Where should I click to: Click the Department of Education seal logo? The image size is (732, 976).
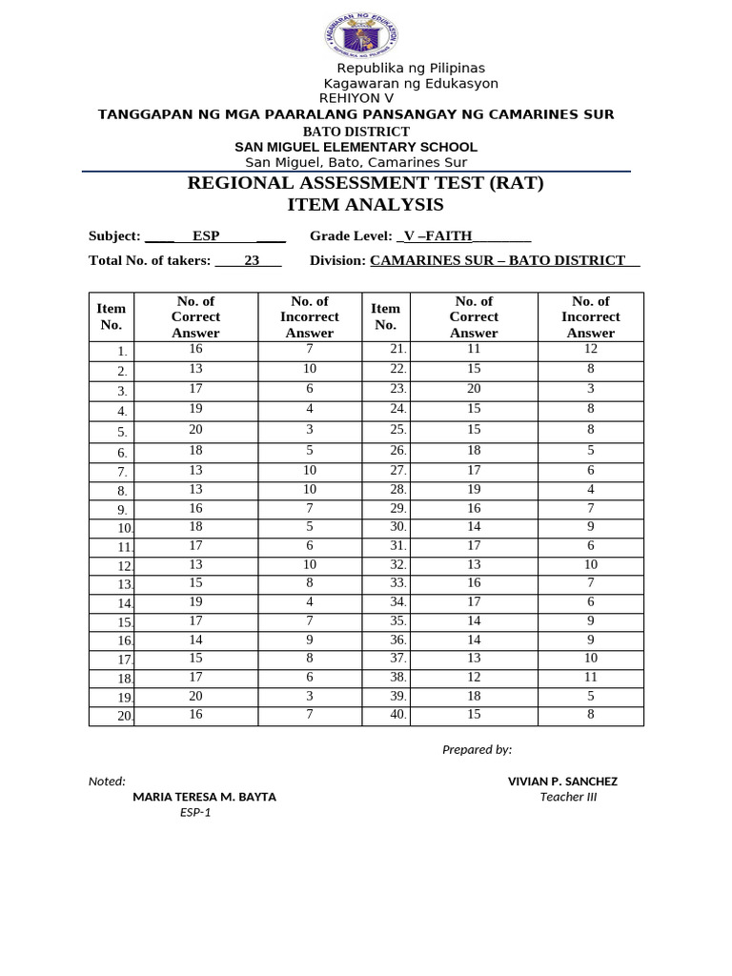(x=361, y=37)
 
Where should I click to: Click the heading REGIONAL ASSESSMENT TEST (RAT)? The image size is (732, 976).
(x=366, y=183)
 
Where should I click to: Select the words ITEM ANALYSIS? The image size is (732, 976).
(x=365, y=205)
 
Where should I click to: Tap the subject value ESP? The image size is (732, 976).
(x=206, y=236)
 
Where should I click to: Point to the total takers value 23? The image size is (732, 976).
(x=252, y=260)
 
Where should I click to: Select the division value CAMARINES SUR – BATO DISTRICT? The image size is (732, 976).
(x=498, y=260)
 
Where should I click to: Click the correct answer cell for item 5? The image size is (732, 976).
(x=195, y=430)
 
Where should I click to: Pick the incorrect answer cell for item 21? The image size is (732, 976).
(x=591, y=350)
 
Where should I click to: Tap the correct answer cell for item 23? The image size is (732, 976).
(x=474, y=389)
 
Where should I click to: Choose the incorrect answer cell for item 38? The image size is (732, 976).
(x=591, y=677)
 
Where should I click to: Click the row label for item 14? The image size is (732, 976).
(x=124, y=603)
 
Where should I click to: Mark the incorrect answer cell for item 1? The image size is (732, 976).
(x=310, y=350)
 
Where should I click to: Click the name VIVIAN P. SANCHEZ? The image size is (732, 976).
(x=562, y=782)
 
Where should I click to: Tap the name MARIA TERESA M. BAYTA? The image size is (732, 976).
(x=205, y=797)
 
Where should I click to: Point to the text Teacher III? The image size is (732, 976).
(x=568, y=797)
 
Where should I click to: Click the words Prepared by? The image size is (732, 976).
(x=477, y=749)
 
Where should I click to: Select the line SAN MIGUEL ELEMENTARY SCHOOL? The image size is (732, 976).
(x=356, y=147)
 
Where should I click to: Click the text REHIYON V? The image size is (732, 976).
(x=356, y=98)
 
